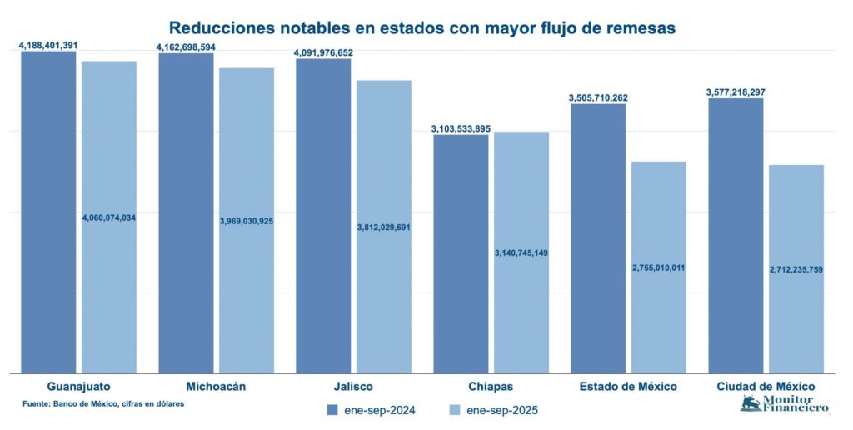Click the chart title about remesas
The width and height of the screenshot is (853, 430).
[422, 28]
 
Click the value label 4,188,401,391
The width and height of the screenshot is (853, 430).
[48, 45]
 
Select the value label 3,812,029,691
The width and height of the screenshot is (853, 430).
[384, 227]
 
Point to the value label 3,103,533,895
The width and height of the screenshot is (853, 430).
[461, 128]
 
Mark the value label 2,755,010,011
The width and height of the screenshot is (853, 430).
[658, 267]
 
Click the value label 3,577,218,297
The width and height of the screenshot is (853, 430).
[736, 92]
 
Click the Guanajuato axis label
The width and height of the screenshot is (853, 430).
[79, 387]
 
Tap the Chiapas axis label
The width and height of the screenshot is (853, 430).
[491, 387]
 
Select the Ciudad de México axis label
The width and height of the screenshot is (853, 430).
[766, 387]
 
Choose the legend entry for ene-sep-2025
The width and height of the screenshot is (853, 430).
[493, 410]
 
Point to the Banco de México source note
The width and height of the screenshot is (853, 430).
[103, 403]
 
